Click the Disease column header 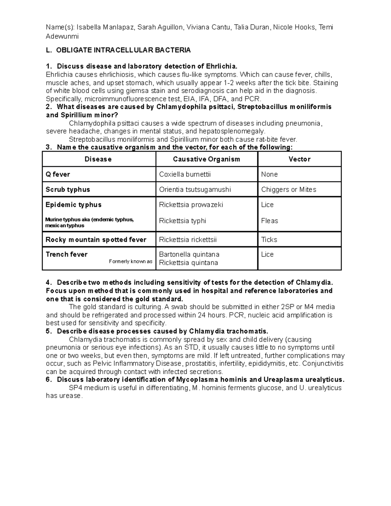[x=98, y=159]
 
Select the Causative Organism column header [x=206, y=159]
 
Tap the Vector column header [x=299, y=159]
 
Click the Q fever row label [x=58, y=174]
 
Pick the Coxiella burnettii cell [x=185, y=174]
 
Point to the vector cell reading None [x=269, y=174]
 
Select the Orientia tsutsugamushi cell [x=195, y=190]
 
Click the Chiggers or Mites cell [x=288, y=190]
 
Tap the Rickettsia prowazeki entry [x=191, y=205]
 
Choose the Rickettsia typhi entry [x=182, y=221]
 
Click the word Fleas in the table [x=269, y=221]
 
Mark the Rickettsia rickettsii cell [x=188, y=240]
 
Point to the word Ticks [x=269, y=240]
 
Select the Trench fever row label [x=66, y=254]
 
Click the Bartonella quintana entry [x=189, y=254]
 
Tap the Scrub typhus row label [x=68, y=190]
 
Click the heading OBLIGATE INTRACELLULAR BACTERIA [x=123, y=50]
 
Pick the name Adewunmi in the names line [x=62, y=36]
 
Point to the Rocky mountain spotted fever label [x=96, y=240]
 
